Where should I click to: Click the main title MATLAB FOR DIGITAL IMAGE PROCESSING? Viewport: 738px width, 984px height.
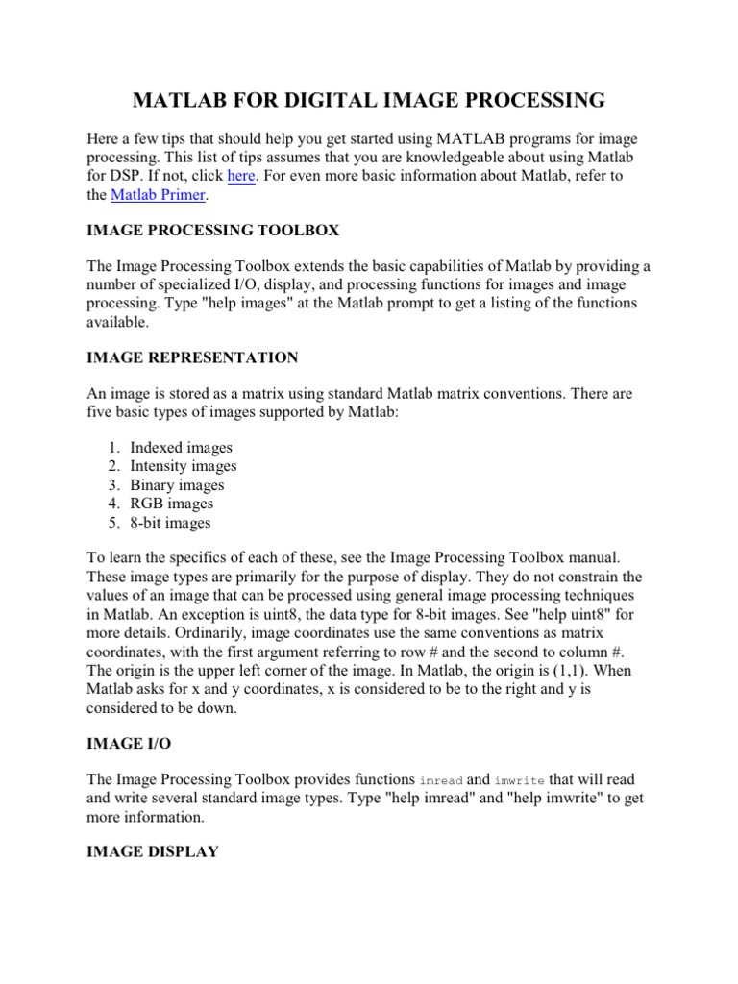click(368, 100)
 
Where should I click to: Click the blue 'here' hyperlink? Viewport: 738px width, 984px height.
click(240, 176)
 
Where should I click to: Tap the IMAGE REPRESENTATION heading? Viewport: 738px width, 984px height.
click(192, 358)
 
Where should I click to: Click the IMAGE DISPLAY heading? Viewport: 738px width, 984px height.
click(153, 851)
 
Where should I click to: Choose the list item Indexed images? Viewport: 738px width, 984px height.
click(182, 448)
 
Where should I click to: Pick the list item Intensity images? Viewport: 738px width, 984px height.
click(184, 466)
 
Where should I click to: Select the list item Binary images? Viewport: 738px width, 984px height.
click(177, 485)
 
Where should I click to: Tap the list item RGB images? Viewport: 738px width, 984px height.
click(172, 504)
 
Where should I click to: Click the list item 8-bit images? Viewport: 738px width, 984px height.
click(170, 523)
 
